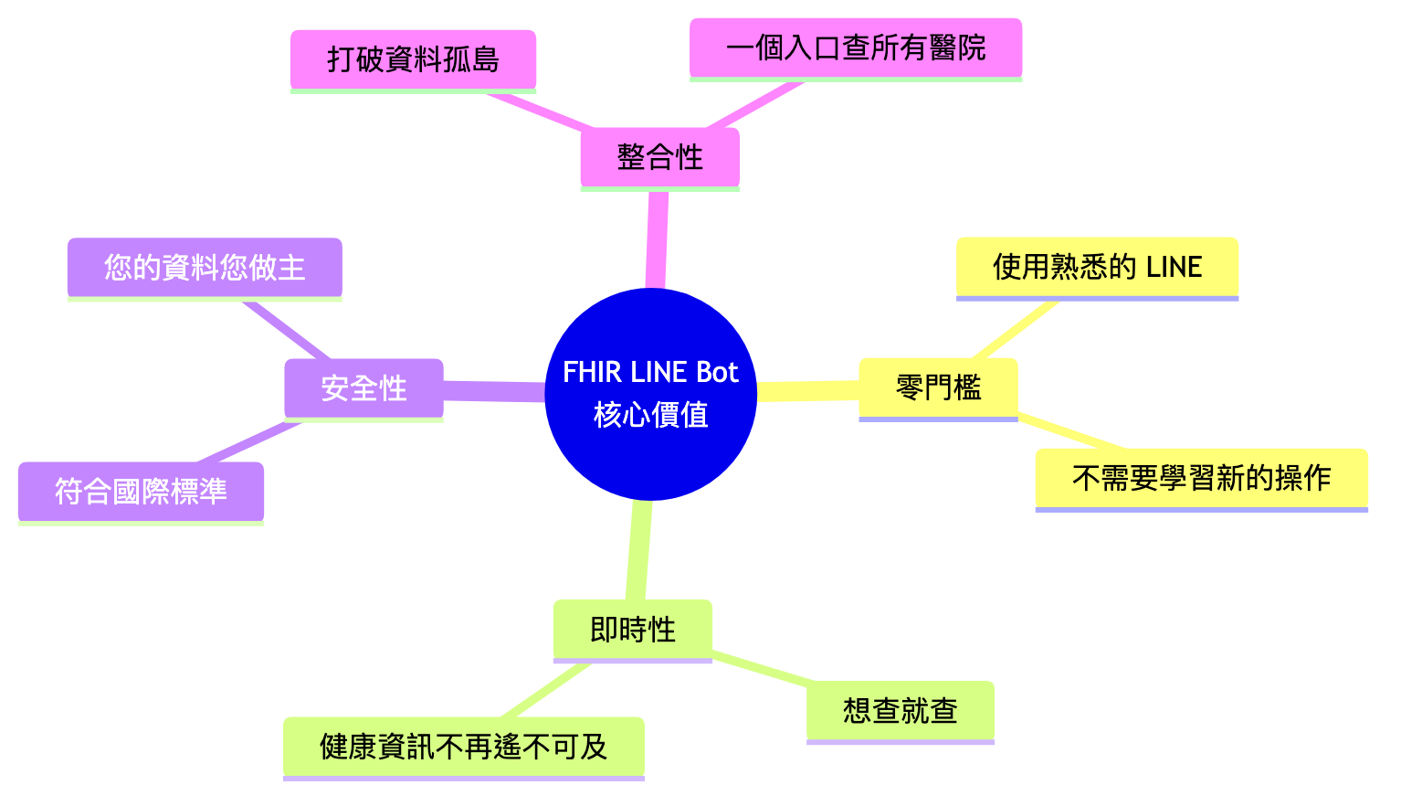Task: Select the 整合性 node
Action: [x=659, y=157]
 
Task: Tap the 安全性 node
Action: [x=363, y=388]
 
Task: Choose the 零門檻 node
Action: [x=938, y=387]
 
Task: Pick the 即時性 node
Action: [x=632, y=630]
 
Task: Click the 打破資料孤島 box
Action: [x=413, y=59]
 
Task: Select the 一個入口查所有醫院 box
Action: [x=855, y=48]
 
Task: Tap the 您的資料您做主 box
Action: [x=205, y=268]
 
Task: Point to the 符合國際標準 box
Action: [x=141, y=492]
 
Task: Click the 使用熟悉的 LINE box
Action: [x=1097, y=267]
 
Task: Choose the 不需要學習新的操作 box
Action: [x=1201, y=477]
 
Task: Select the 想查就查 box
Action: [x=900, y=710]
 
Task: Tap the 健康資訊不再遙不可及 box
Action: [x=463, y=747]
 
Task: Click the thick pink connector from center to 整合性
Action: [x=657, y=239]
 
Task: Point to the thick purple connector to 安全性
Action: [x=493, y=391]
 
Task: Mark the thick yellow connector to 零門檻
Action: [x=807, y=391]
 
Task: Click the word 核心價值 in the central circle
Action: [x=650, y=415]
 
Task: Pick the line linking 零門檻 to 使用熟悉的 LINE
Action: [x=1017, y=329]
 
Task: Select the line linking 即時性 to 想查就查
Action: [x=760, y=668]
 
